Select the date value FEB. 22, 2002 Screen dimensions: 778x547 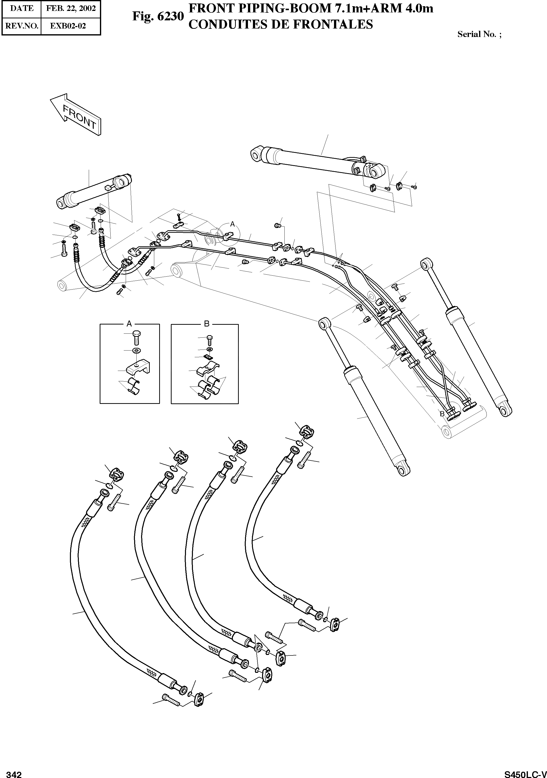pyautogui.click(x=71, y=8)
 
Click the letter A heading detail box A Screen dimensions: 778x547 pyautogui.click(x=129, y=324)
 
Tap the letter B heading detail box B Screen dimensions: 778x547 pyautogui.click(x=207, y=324)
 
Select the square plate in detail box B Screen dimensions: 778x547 pyautogui.click(x=208, y=357)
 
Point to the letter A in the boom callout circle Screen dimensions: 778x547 pyautogui.click(x=232, y=224)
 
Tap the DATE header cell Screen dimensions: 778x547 pyautogui.click(x=21, y=8)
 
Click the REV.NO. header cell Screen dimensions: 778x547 pyautogui.click(x=21, y=26)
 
